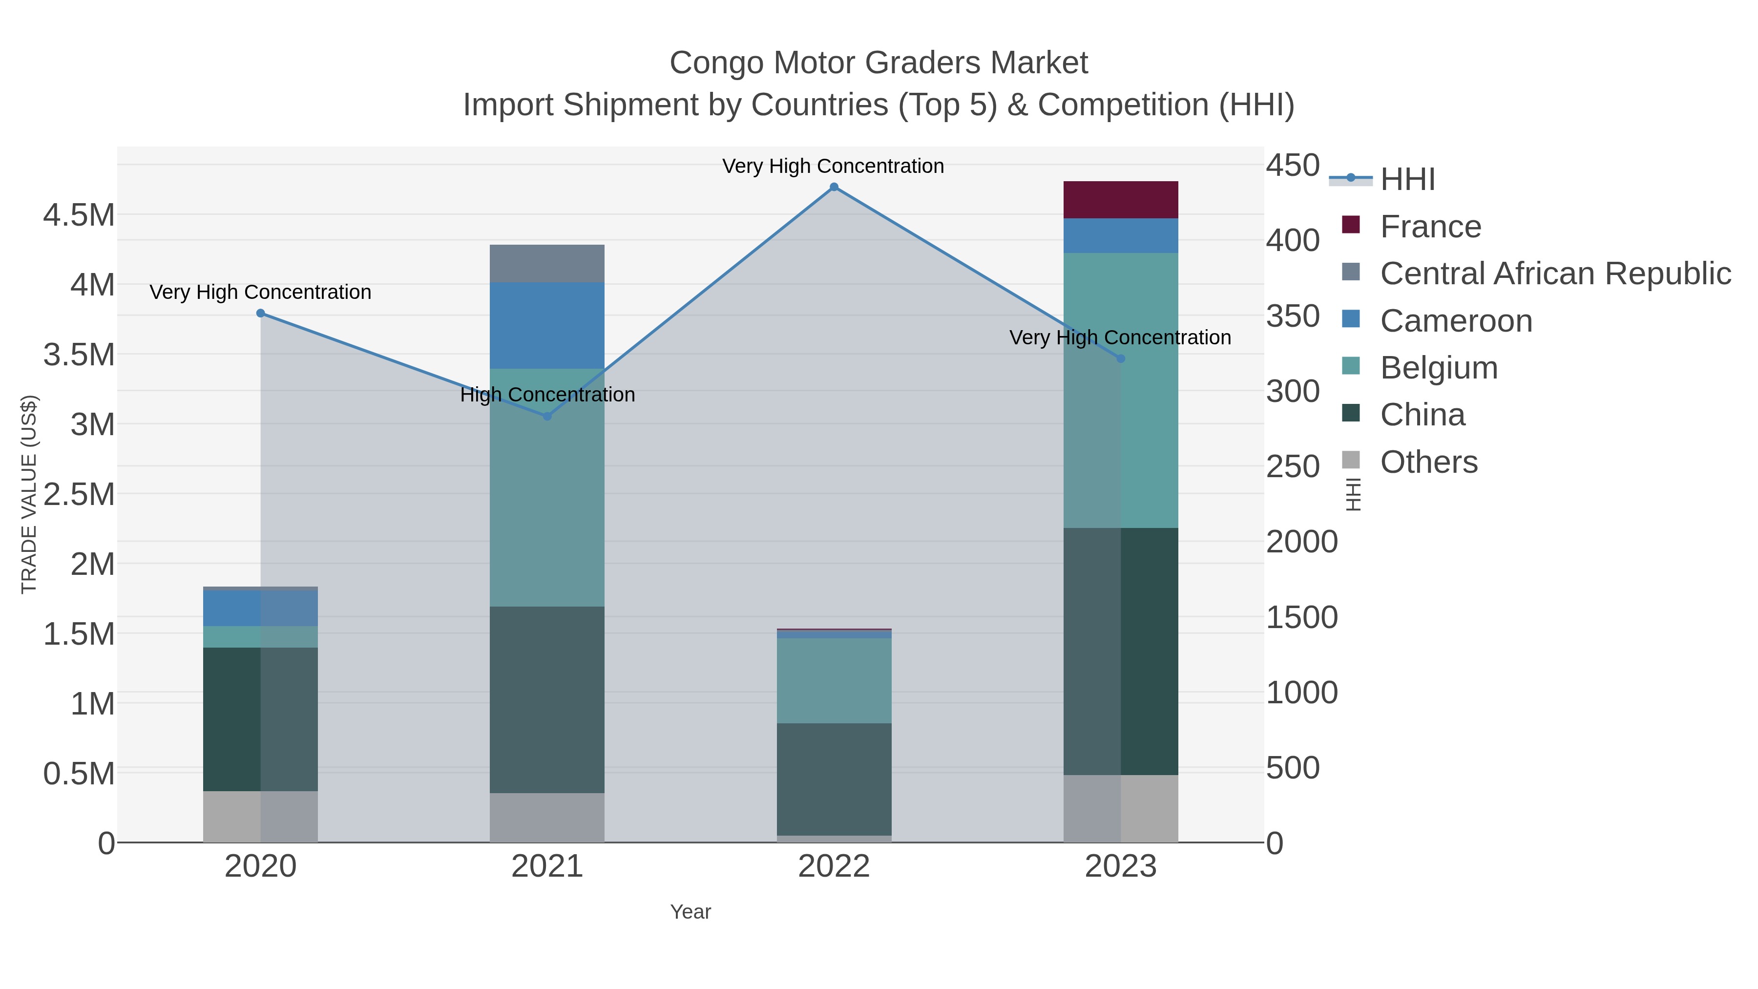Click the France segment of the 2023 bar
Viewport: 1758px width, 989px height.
[x=1121, y=200]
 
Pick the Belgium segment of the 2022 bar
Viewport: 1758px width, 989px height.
[x=834, y=680]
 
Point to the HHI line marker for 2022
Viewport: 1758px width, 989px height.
[x=834, y=187]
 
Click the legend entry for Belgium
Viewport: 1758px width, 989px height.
[x=1439, y=368]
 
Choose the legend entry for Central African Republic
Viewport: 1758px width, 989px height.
[x=1555, y=274]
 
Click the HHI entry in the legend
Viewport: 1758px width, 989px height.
[x=1407, y=180]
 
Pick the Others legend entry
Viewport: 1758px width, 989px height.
[x=1428, y=462]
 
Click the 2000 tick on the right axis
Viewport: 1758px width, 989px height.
[x=1301, y=542]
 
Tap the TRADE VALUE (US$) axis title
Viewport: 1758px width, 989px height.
[x=29, y=494]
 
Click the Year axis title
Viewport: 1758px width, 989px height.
[x=690, y=912]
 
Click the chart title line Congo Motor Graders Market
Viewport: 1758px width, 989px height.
[x=879, y=63]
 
